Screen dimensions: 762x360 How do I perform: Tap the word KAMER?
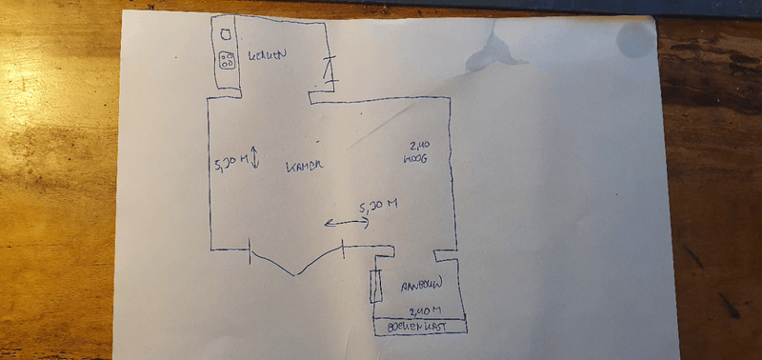coord(305,167)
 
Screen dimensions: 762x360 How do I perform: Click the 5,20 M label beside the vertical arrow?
coord(232,163)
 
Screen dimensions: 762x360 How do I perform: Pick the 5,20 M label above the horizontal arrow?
coord(377,206)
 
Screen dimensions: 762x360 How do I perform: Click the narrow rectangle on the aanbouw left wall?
coord(376,285)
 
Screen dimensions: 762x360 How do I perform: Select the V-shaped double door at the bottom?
coord(297,264)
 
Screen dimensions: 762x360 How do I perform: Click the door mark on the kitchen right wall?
coord(330,69)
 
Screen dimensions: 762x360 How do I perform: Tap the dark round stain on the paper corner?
coord(635,39)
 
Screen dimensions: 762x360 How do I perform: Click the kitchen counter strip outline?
coord(227,52)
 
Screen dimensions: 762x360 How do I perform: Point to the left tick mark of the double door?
coord(251,250)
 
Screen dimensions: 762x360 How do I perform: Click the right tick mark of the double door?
coord(343,250)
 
